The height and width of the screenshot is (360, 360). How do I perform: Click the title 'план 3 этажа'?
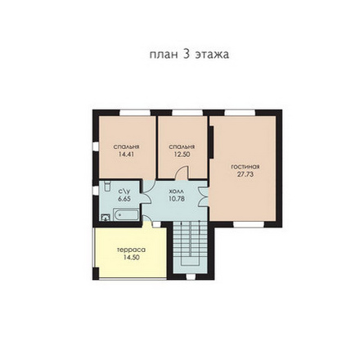tap(189, 55)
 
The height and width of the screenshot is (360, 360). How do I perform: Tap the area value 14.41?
tap(126, 154)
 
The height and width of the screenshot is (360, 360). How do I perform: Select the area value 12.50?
tap(182, 154)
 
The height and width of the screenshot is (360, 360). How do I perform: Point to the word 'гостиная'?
tap(245, 167)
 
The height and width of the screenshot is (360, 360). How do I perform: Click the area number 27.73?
tap(245, 174)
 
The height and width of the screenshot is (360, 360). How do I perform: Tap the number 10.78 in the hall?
tap(177, 199)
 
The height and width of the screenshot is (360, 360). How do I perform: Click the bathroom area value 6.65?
tap(124, 199)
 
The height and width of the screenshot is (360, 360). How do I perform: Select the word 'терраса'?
tap(131, 250)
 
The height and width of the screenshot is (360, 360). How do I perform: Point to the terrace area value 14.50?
tap(131, 258)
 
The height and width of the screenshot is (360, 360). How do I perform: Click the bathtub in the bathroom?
tap(126, 214)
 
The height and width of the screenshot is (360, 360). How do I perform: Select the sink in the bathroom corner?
tap(106, 218)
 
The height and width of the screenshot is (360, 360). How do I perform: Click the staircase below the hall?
tap(191, 243)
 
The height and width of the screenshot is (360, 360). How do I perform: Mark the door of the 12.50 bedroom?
tap(182, 173)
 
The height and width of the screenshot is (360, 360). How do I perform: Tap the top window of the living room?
tap(241, 113)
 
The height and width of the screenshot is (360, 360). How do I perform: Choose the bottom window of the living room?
tap(249, 224)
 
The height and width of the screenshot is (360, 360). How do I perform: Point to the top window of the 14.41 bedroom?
tap(135, 113)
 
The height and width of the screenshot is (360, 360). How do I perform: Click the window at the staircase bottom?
tap(191, 277)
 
